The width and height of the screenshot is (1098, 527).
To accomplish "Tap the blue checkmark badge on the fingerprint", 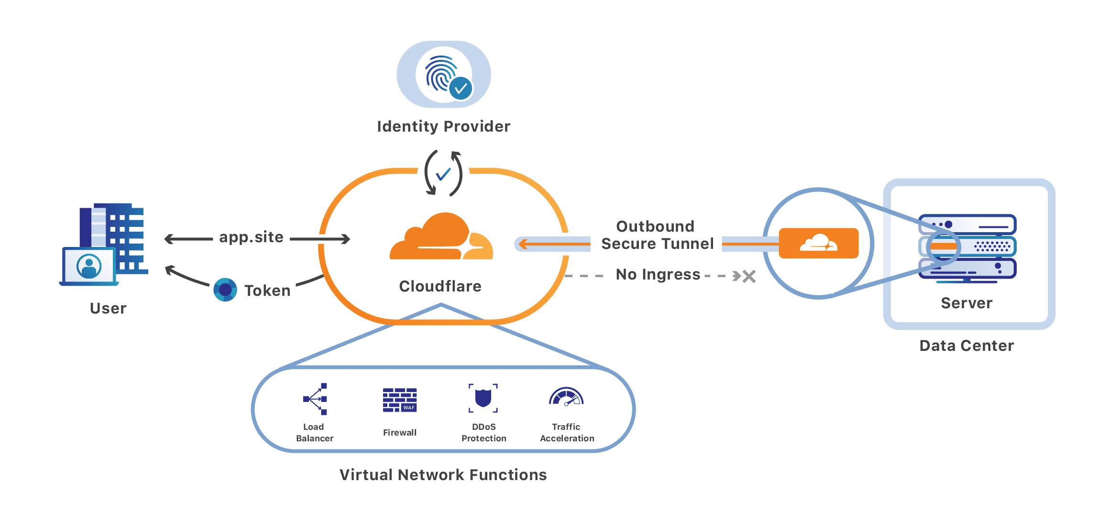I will tap(461, 89).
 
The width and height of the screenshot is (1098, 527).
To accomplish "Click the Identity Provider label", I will tap(443, 126).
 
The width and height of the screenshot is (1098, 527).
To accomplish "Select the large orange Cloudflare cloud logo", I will tap(441, 237).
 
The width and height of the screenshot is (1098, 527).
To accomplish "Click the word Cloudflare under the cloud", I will tap(440, 286).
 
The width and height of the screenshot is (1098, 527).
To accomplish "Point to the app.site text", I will tap(251, 237).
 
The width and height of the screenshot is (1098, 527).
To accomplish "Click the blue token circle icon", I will tap(225, 290).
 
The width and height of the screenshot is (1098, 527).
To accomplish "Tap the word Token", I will tap(267, 291).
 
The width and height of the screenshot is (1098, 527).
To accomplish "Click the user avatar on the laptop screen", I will tap(89, 266).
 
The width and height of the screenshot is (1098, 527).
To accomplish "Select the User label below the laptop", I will tap(108, 308).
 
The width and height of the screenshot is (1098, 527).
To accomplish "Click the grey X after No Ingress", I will tap(749, 276).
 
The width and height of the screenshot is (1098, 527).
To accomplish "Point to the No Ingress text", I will tap(658, 274).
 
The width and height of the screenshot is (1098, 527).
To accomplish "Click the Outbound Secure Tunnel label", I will tap(657, 235).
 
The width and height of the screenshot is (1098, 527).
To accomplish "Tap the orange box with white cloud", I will tap(818, 243).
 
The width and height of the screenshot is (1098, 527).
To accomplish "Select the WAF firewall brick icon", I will tap(400, 400).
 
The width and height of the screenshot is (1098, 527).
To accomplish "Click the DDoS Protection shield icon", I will tap(483, 398).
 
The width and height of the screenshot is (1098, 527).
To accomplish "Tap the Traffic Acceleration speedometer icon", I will tap(566, 397).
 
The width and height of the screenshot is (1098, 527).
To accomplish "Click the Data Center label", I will tap(966, 346).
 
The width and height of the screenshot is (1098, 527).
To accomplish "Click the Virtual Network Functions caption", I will tap(443, 475).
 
